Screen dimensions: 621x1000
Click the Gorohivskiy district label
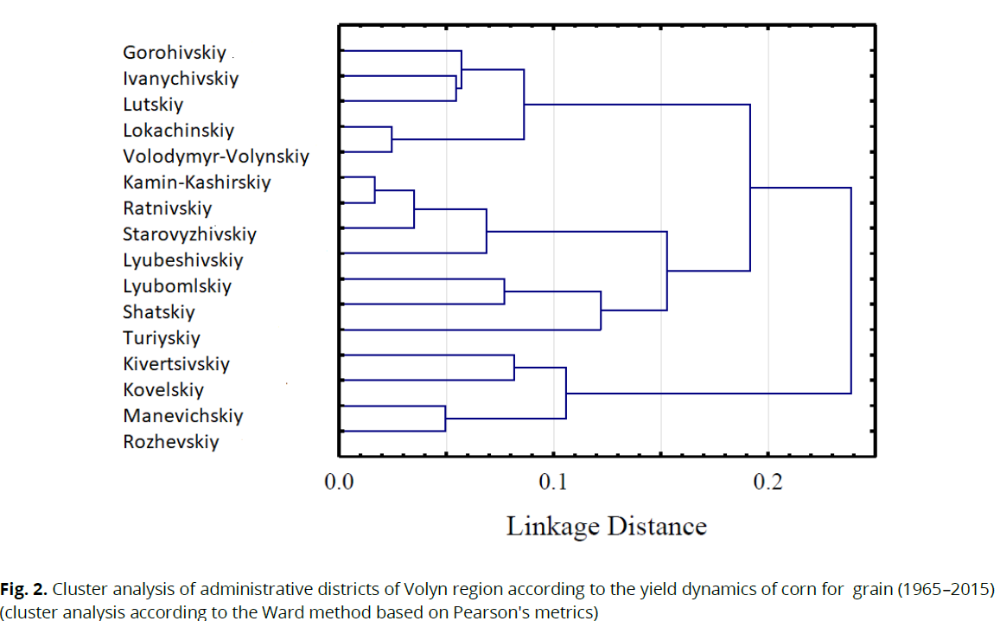click(x=174, y=53)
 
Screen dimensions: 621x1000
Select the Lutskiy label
click(x=153, y=105)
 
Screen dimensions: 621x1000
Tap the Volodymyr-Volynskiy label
click(x=215, y=157)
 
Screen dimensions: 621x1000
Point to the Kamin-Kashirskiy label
click(x=196, y=182)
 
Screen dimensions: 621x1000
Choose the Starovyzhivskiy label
click(x=189, y=234)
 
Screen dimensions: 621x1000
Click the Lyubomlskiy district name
click(x=177, y=286)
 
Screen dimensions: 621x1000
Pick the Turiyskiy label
click(x=161, y=338)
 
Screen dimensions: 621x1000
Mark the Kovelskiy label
click(x=163, y=390)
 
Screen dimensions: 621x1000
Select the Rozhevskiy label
click(x=170, y=442)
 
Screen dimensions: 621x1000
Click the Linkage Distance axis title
click(x=606, y=526)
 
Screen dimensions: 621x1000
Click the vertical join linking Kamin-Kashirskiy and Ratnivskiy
click(x=374, y=189)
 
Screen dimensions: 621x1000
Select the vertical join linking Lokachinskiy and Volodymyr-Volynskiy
click(x=392, y=139)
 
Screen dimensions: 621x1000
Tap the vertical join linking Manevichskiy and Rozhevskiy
click(x=445, y=419)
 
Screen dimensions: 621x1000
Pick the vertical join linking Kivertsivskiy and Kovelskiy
click(x=514, y=368)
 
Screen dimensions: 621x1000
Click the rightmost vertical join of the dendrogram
click(x=851, y=291)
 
